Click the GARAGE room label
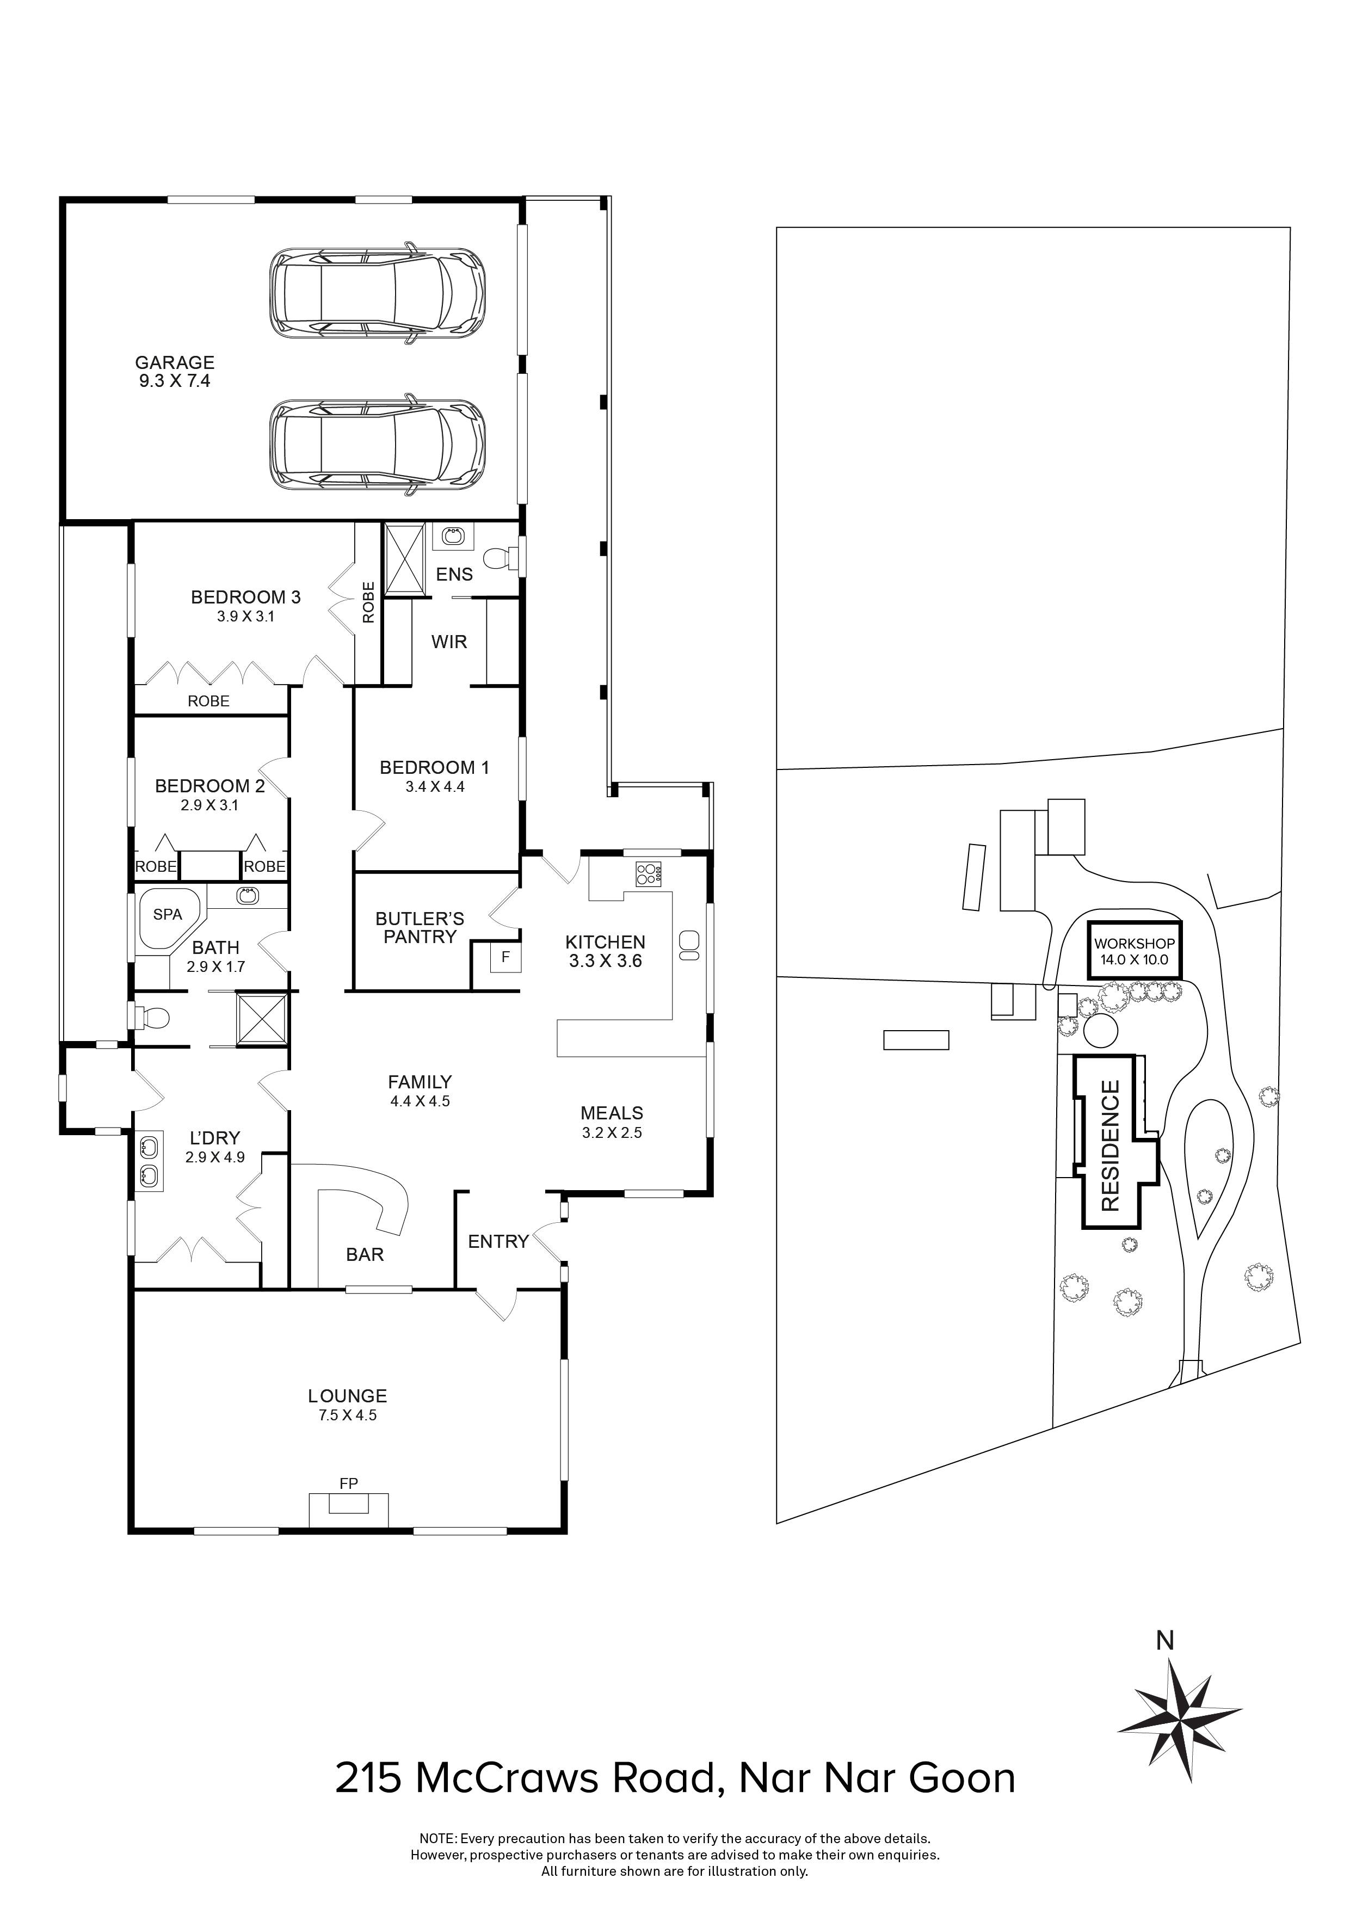click(x=175, y=362)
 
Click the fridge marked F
click(x=504, y=957)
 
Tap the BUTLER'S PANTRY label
click(x=419, y=928)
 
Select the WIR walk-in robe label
click(x=449, y=642)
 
